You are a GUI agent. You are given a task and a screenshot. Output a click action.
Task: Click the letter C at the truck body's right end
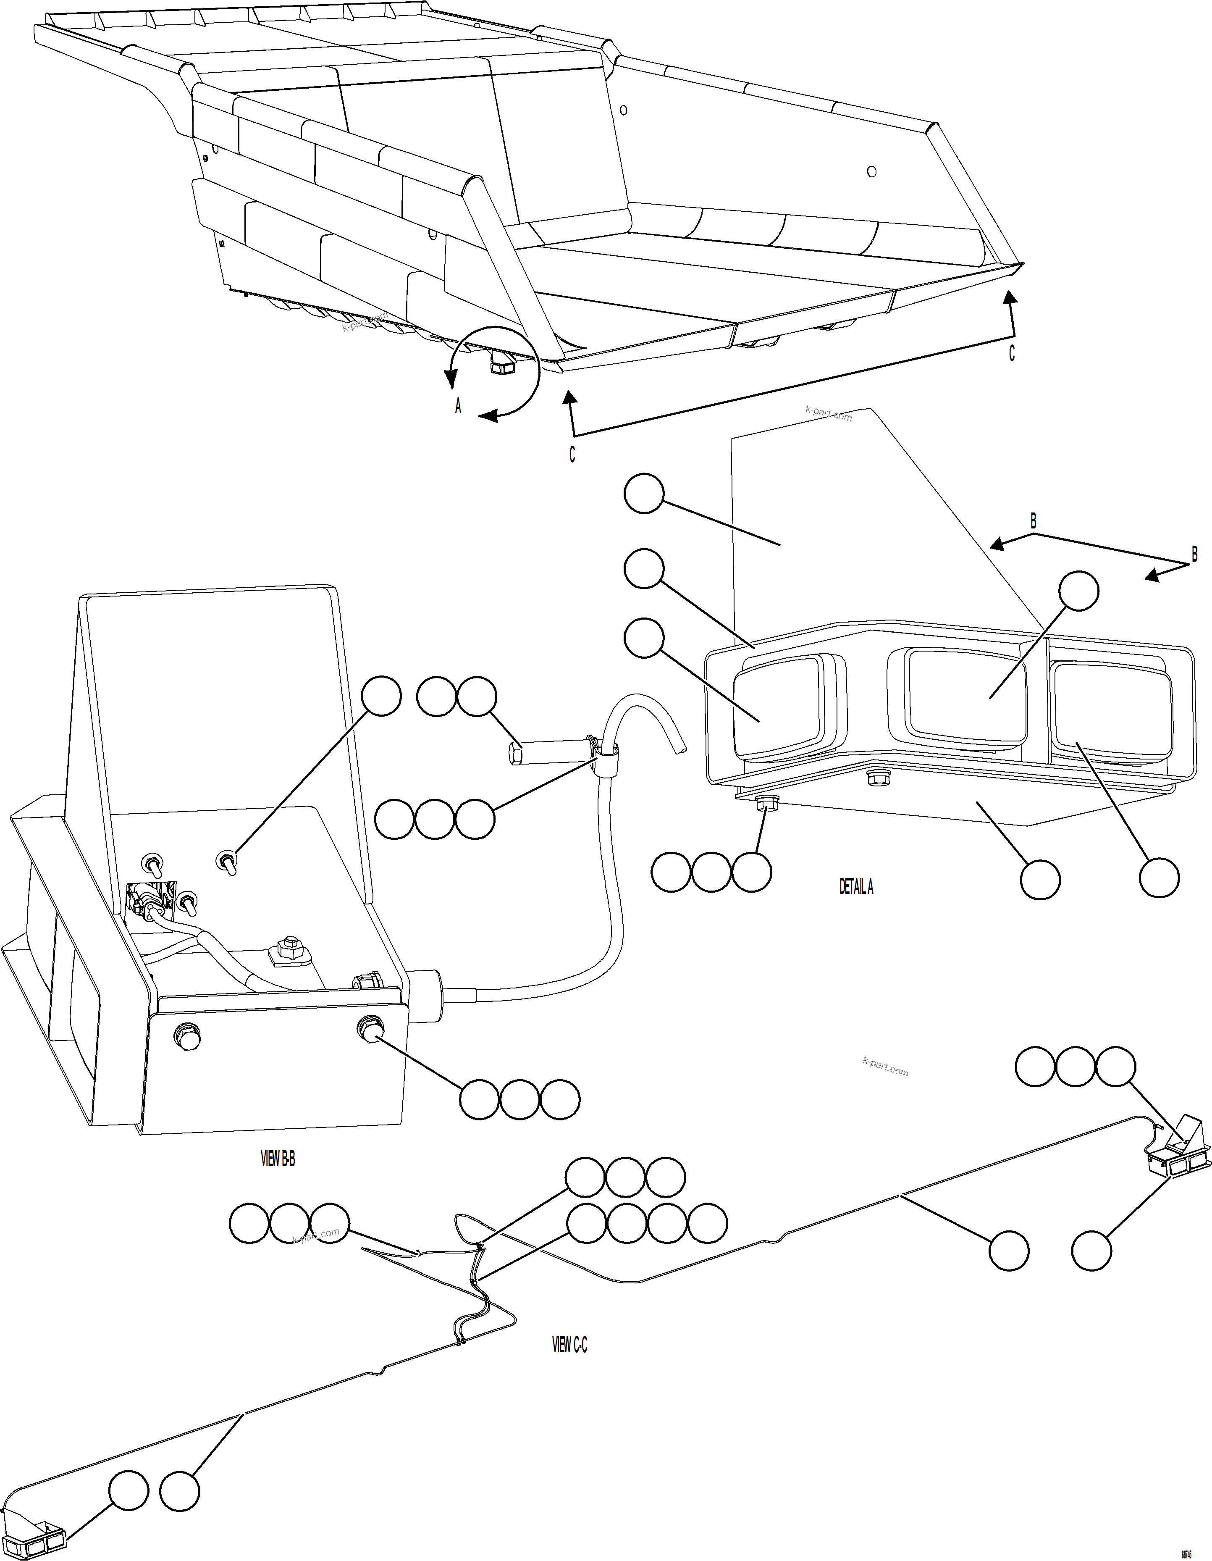[1011, 353]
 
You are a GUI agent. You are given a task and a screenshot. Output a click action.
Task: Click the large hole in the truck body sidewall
[871, 171]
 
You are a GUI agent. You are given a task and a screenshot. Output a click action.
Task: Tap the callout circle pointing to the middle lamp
[1078, 591]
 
